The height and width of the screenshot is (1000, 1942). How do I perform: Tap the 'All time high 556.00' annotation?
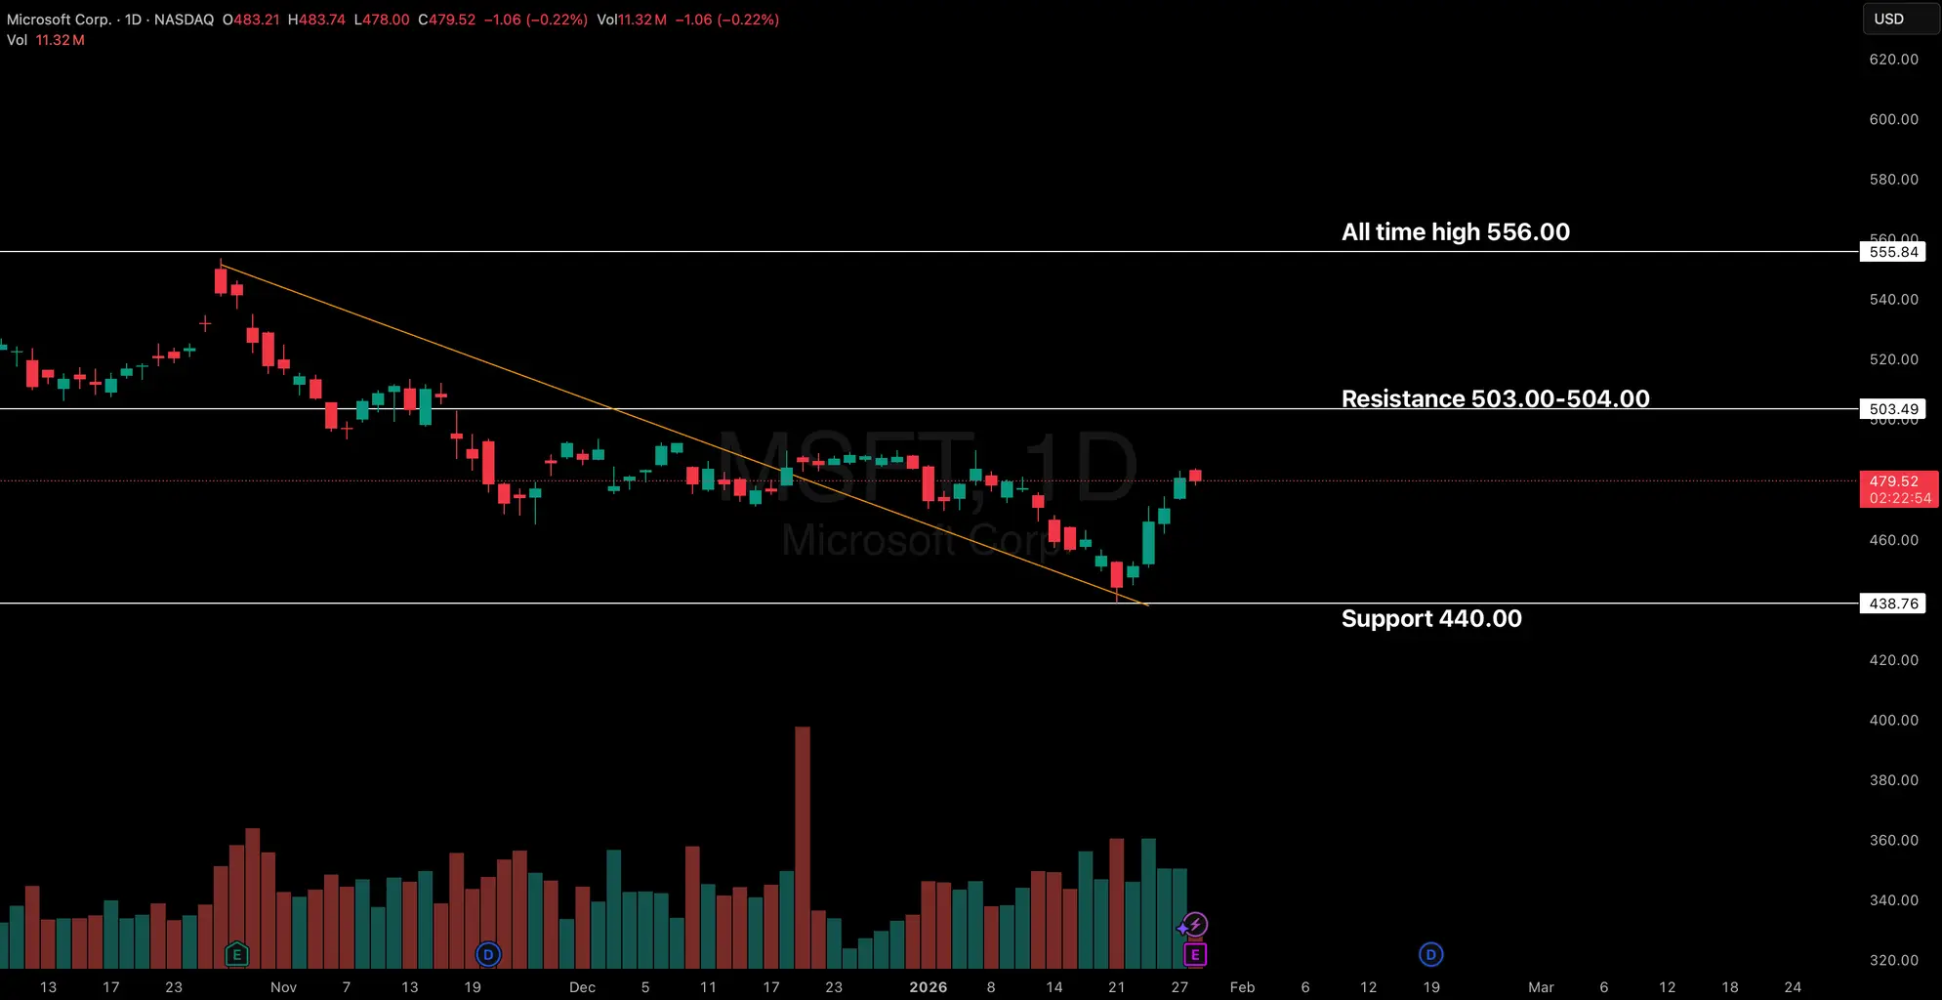[x=1455, y=232]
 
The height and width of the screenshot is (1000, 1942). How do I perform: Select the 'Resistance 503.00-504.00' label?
[x=1495, y=398]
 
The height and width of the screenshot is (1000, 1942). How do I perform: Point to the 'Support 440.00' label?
[x=1430, y=618]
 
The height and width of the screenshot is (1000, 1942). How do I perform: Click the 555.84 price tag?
[x=1893, y=252]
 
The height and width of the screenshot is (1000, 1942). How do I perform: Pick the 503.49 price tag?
[x=1893, y=409]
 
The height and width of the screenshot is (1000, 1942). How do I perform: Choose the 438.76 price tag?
[x=1893, y=604]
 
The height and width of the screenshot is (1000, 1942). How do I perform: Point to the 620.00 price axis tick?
[x=1893, y=60]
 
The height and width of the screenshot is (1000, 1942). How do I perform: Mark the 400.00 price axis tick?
[x=1893, y=720]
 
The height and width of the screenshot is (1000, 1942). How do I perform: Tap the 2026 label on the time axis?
[x=928, y=987]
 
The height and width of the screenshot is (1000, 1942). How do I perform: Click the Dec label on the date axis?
[x=582, y=987]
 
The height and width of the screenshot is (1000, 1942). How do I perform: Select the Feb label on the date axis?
[x=1242, y=987]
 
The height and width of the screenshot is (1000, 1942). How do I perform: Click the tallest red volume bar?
[x=803, y=846]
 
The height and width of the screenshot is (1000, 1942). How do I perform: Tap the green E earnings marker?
[x=236, y=954]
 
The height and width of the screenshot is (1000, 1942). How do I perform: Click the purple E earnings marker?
[x=1194, y=954]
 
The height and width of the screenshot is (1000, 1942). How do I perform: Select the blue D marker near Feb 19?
[x=1430, y=954]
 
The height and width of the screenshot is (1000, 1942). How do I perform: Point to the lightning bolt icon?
[x=1195, y=924]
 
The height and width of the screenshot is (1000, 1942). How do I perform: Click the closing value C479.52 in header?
[x=446, y=20]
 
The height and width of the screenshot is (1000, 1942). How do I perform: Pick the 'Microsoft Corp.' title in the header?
[x=59, y=20]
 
